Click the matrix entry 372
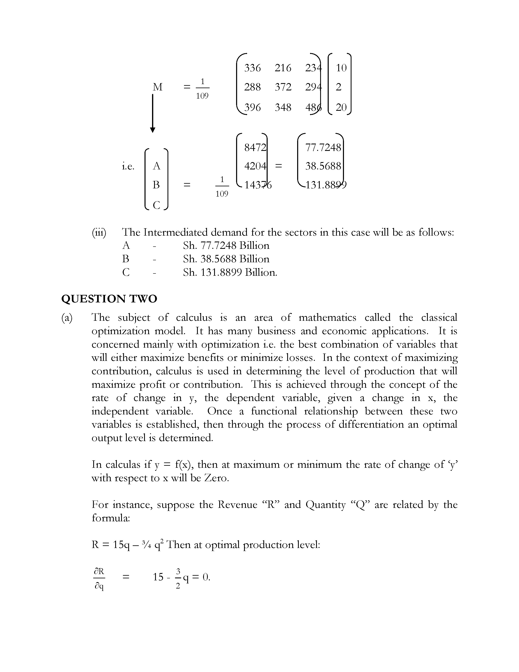[x=283, y=87]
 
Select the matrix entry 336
[x=252, y=68]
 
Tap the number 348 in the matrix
[x=283, y=107]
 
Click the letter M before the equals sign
[x=157, y=87]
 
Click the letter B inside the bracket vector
[x=156, y=185]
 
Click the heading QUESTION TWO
[x=109, y=299]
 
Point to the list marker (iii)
[x=99, y=232]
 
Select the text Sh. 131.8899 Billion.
[x=230, y=272]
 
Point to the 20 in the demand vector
[x=341, y=107]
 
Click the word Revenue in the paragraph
[x=237, y=505]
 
